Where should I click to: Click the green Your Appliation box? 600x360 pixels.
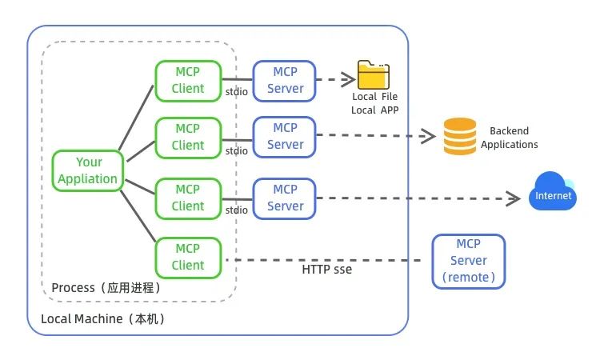(x=87, y=170)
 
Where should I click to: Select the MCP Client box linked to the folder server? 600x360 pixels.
(x=188, y=80)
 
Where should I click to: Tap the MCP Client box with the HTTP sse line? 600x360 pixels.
(x=188, y=257)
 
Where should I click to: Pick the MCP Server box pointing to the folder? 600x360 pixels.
(x=286, y=80)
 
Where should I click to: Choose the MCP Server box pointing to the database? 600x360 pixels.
(x=286, y=136)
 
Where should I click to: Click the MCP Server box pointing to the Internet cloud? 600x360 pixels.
(x=286, y=198)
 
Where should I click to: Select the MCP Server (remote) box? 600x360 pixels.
(x=469, y=261)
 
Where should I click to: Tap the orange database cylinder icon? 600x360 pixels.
(x=460, y=136)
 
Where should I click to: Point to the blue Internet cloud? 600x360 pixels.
(x=553, y=193)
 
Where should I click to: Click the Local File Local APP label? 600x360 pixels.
(x=375, y=103)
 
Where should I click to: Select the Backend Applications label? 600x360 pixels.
(x=510, y=138)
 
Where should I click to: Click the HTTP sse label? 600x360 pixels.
(x=326, y=270)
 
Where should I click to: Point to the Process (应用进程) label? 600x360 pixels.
(x=106, y=287)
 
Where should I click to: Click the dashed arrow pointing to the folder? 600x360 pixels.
(x=336, y=78)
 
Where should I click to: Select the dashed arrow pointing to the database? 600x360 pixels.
(x=376, y=135)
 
